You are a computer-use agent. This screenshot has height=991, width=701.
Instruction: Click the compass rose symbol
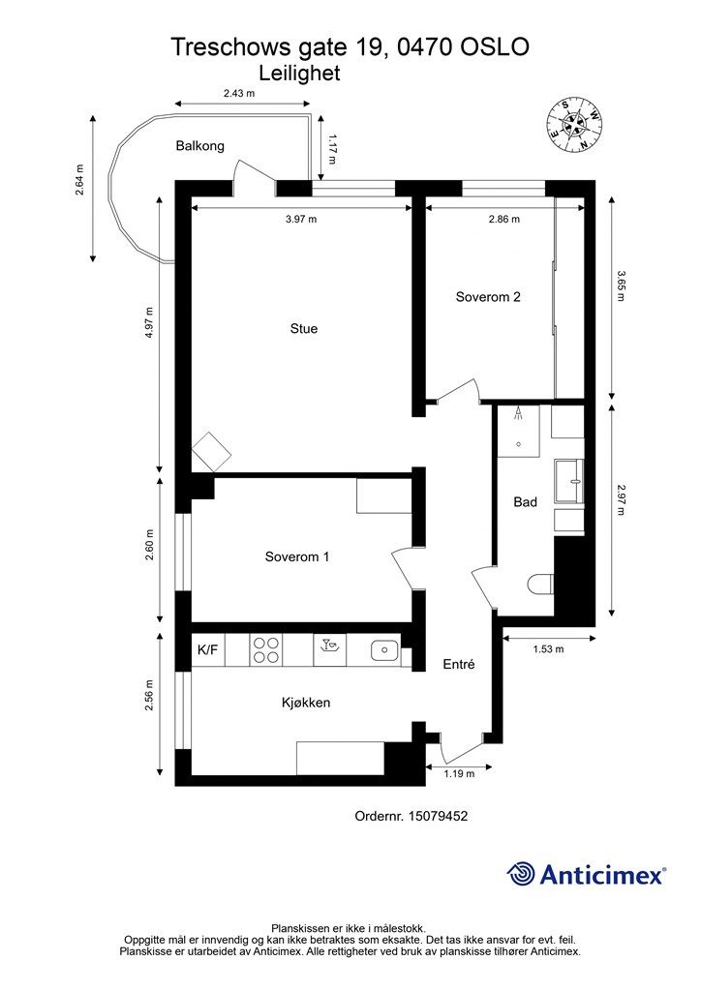574,125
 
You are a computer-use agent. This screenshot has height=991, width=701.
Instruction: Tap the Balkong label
199,146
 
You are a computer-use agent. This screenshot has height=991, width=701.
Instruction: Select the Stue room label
303,329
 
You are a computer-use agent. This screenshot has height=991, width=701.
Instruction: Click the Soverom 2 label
488,297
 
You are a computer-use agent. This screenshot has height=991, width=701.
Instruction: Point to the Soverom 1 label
297,556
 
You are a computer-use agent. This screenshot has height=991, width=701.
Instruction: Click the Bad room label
526,502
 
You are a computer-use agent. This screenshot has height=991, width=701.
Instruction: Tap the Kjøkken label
306,703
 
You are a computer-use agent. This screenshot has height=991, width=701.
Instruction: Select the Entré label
459,664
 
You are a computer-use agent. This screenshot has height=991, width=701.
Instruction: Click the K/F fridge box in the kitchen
208,649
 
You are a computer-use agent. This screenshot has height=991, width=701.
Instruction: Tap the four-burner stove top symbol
266,649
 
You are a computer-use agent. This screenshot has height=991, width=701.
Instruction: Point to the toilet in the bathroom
540,583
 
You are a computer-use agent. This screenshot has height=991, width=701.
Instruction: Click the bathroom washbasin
569,482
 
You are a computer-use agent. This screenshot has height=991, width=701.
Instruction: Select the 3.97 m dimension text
301,220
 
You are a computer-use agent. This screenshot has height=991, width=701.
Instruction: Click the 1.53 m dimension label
548,649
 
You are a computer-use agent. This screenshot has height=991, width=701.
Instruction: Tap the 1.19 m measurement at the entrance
458,773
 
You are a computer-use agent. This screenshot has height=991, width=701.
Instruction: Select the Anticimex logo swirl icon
520,874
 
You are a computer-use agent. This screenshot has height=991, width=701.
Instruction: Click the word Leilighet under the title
299,74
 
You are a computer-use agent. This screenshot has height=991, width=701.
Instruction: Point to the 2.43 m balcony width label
239,93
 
